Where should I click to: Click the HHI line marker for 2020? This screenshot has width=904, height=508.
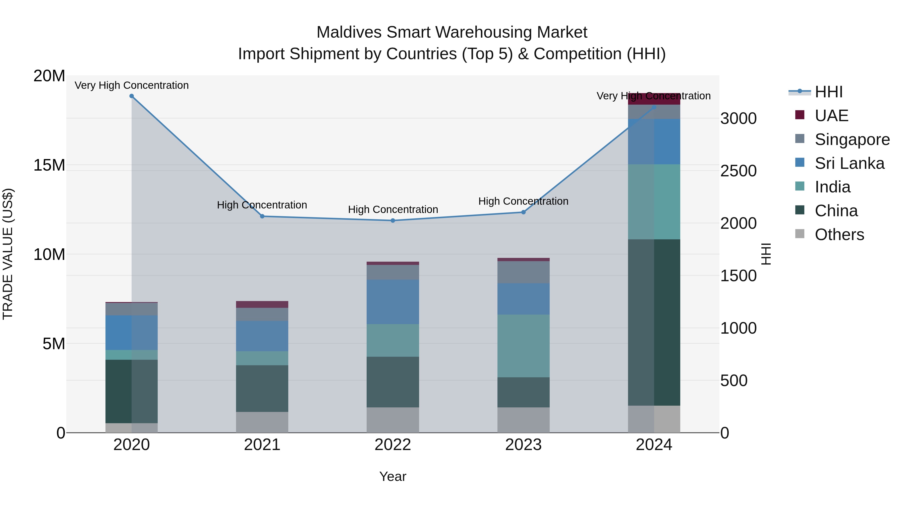[132, 96]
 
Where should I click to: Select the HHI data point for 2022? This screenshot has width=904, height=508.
[393, 221]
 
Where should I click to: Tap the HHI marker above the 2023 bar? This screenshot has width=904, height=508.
[523, 212]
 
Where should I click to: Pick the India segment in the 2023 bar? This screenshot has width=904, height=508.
[523, 346]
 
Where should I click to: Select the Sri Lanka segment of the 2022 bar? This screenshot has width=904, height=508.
[393, 302]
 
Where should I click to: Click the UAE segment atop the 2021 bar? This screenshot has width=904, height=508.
[262, 304]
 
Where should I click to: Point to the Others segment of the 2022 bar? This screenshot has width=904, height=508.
[393, 420]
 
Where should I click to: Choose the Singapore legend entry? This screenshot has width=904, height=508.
[852, 139]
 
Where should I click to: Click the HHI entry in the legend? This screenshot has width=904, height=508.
[829, 92]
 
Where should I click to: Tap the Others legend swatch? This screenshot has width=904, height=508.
[800, 234]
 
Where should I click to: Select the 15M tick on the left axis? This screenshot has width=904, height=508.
[49, 165]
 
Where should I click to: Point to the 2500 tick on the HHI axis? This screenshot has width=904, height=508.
[738, 171]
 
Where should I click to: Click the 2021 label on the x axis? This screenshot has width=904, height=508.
[262, 445]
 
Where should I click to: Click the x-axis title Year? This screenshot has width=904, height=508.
[393, 476]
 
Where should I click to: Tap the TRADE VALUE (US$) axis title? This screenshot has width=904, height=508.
[8, 254]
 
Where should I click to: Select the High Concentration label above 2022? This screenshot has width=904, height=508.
[393, 210]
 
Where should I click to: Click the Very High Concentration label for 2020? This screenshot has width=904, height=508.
[132, 86]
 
